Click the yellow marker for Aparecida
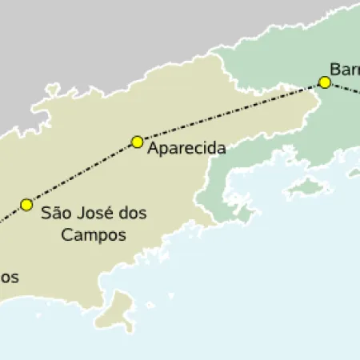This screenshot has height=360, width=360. [x=137, y=142]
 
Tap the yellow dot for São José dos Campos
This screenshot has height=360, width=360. [x=27, y=204]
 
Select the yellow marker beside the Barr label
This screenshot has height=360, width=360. [x=325, y=82]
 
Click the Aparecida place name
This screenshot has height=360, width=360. [x=186, y=149]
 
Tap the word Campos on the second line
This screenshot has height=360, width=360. [x=94, y=236]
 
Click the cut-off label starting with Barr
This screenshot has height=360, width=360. [x=345, y=68]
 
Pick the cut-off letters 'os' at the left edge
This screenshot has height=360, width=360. [x=8, y=278]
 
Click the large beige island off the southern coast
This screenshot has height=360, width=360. [x=121, y=308]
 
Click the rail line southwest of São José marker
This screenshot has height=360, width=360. [x=11, y=214]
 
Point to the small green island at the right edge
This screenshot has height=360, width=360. [x=354, y=172]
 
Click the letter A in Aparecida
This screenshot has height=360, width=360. [x=154, y=149]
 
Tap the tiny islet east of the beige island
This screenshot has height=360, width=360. [x=150, y=303]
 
